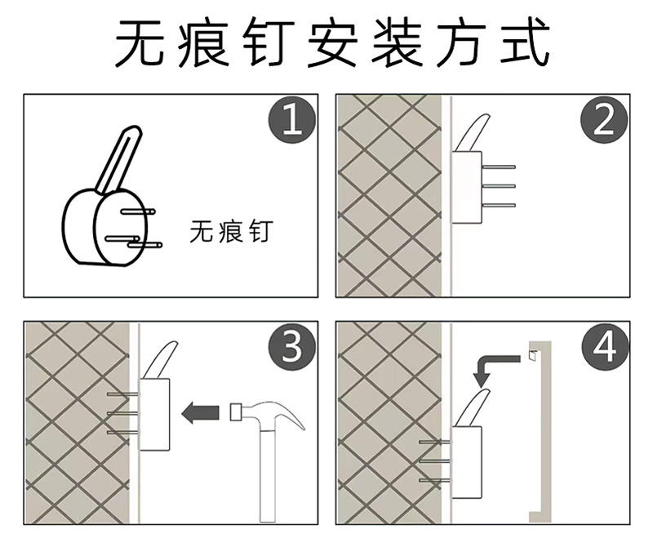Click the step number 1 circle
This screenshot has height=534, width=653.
(292, 121)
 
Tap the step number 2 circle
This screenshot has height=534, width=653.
(604, 121)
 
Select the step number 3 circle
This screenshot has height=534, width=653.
(292, 347)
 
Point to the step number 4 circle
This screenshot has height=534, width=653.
(604, 347)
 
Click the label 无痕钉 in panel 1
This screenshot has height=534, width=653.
(231, 232)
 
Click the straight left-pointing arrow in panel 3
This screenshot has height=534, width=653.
(200, 412)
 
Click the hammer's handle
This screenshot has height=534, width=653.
(267, 475)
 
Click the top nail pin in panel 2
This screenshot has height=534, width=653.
(499, 167)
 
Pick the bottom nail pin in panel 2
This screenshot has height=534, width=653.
(499, 205)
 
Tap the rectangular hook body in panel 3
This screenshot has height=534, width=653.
(154, 415)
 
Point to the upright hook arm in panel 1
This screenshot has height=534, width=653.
(118, 160)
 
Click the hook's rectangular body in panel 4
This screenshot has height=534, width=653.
(467, 462)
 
